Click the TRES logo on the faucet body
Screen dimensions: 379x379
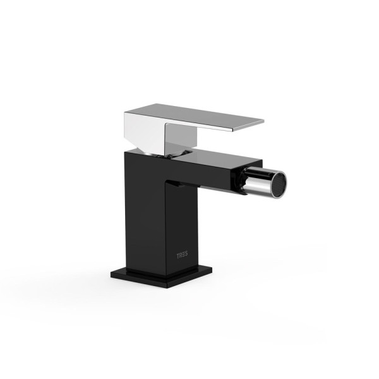[182, 255]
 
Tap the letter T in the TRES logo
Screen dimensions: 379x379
[178, 255]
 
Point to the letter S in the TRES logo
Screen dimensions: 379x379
[186, 256]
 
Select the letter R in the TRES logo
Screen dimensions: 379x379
[181, 255]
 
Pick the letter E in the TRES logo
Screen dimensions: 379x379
[183, 255]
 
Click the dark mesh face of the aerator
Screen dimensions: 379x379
[280, 181]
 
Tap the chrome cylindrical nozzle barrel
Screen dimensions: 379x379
[259, 180]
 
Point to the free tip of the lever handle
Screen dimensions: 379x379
[263, 120]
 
